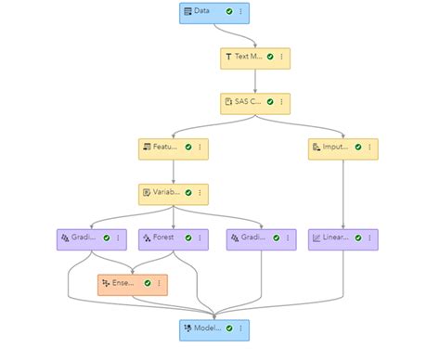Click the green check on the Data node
[228, 12]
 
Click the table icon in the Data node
[188, 12]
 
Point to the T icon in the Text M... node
[228, 57]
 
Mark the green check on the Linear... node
[357, 238]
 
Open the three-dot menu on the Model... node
[239, 329]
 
